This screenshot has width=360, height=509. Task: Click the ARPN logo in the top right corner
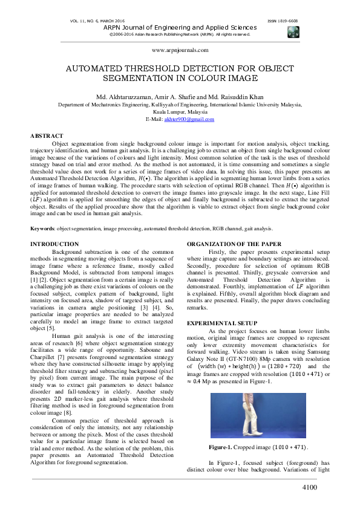[x=293, y=31]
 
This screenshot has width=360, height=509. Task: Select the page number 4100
[x=310, y=488]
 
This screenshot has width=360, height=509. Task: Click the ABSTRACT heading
[x=47, y=136]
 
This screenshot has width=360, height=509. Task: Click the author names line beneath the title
[x=180, y=97]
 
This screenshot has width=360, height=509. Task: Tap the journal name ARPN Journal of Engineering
[x=180, y=28]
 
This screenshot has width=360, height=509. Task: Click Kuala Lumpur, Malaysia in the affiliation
[x=180, y=112]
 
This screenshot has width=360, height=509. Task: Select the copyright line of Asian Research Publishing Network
[x=180, y=34]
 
